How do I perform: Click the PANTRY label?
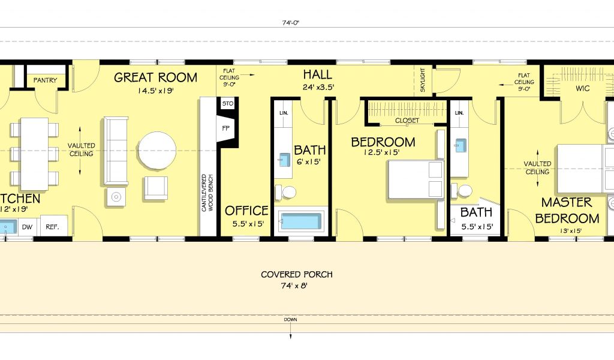(x=45, y=80)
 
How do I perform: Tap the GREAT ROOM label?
(x=155, y=77)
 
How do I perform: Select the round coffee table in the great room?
(x=157, y=151)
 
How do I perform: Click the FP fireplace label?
(x=226, y=128)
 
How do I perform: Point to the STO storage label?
(x=227, y=104)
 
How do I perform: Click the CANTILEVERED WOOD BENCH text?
(x=207, y=193)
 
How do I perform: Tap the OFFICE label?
(x=246, y=211)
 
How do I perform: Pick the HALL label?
(x=318, y=74)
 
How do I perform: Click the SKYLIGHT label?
(x=423, y=80)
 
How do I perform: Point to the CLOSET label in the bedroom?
(x=407, y=121)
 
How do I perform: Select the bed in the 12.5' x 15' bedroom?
(x=416, y=179)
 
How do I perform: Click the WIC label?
(x=582, y=89)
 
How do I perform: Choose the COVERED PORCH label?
(x=297, y=274)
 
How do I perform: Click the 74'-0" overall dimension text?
(x=291, y=23)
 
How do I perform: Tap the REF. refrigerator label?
(x=52, y=227)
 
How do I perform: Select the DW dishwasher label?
(x=27, y=227)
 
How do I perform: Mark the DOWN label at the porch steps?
(x=291, y=320)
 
